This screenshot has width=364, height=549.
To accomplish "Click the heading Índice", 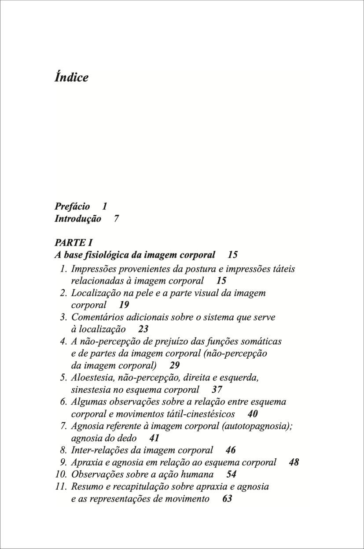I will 71,77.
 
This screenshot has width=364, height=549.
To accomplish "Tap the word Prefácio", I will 72,206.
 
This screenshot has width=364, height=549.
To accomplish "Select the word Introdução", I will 77,218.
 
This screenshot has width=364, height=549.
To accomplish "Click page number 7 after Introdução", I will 116,218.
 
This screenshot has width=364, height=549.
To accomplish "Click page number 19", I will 124,305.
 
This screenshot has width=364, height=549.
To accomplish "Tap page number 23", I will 143,329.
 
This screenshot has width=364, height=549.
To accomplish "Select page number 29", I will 174,365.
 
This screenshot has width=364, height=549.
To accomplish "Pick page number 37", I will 217,390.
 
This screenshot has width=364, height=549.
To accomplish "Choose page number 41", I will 154,438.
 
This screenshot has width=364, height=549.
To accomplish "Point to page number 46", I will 230,450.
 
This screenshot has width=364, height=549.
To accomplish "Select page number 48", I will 294,462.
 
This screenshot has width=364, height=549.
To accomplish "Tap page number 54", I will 231,475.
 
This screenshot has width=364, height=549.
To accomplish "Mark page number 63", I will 227,499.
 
